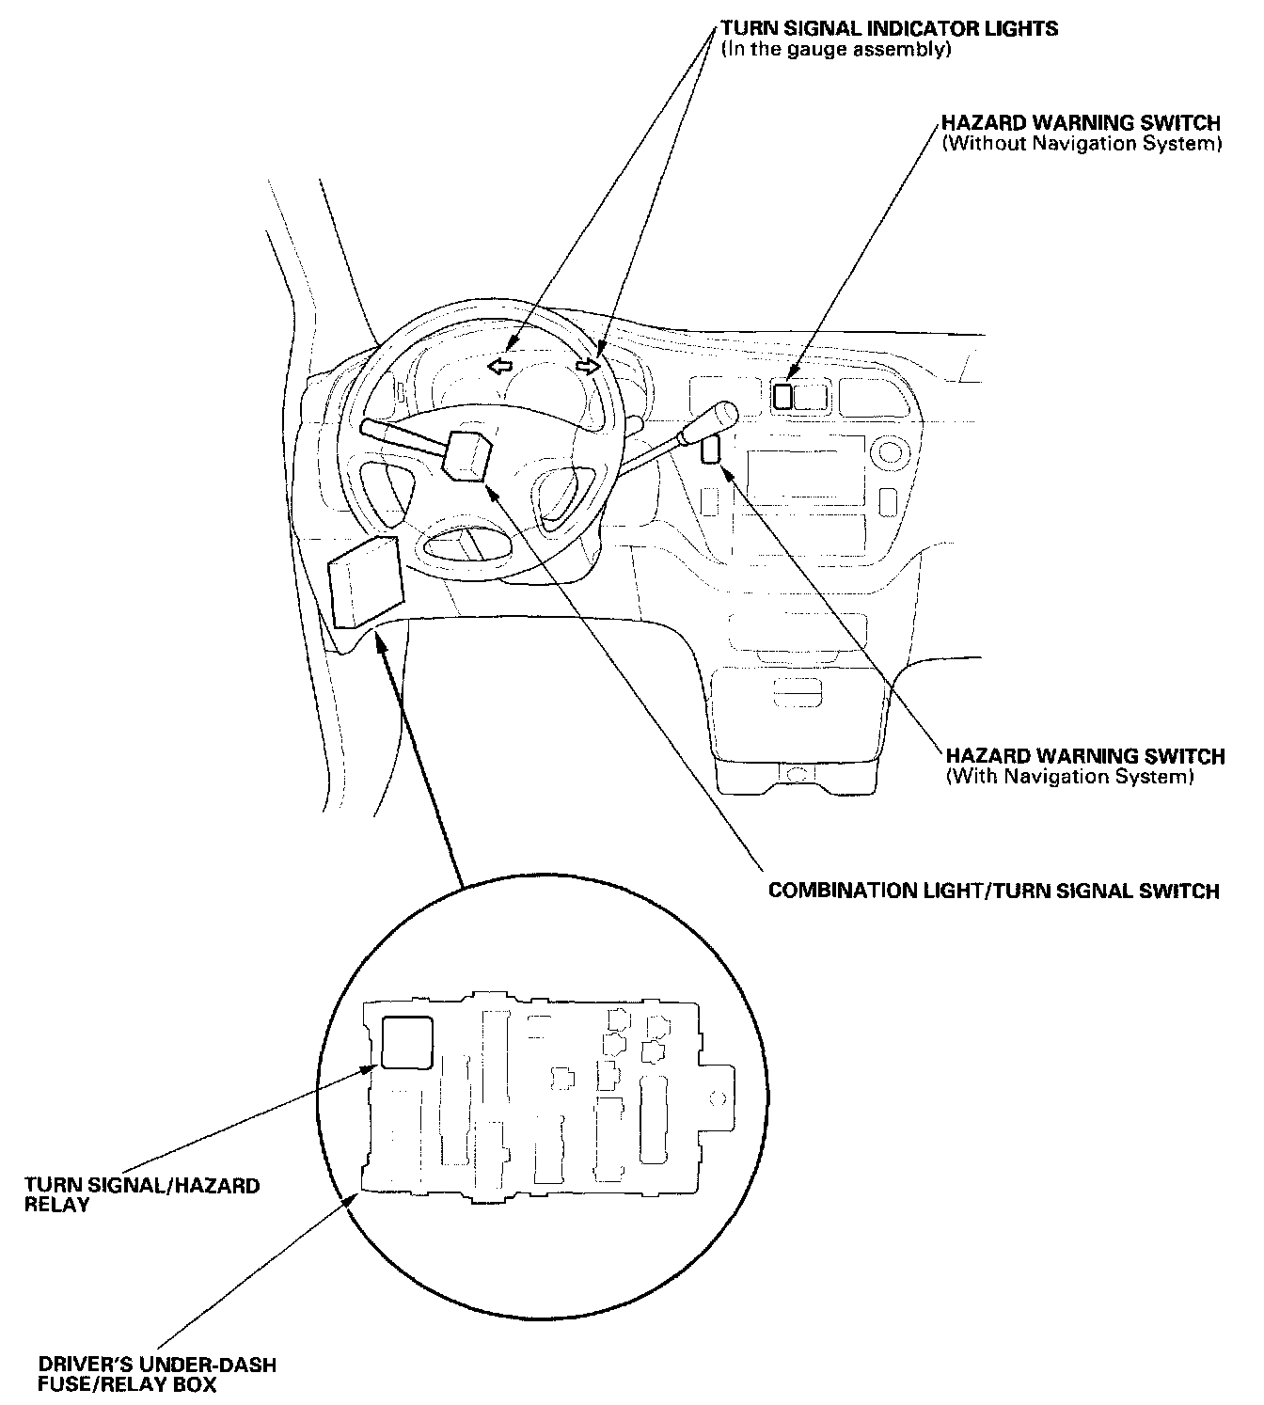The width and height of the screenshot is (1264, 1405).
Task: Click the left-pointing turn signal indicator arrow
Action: (x=500, y=365)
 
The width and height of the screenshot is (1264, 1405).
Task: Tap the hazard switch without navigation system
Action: (x=782, y=396)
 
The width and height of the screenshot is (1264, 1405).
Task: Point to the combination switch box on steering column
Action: (x=469, y=456)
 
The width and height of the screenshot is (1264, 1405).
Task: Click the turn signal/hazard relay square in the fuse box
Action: (x=406, y=1042)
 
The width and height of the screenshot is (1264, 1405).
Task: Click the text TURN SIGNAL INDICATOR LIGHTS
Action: (x=889, y=28)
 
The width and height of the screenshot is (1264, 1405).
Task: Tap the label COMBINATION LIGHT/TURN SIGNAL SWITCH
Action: (x=993, y=890)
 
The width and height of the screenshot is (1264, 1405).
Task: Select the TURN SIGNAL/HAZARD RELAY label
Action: (x=142, y=1194)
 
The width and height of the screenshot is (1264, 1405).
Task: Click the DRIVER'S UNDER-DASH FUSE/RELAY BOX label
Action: (x=157, y=1374)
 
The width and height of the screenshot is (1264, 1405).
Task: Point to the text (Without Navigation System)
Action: (x=1082, y=144)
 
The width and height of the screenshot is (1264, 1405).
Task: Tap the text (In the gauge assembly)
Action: (x=836, y=49)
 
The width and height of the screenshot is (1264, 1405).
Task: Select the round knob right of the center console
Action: (x=890, y=455)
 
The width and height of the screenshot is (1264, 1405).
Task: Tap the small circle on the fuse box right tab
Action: (x=717, y=1097)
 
